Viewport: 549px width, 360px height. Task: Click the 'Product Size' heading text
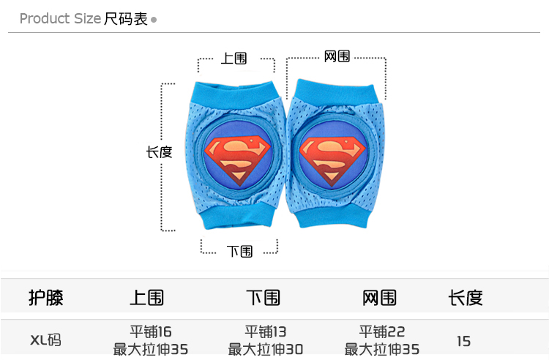pos(60,18)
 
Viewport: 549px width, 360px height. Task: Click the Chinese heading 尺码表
pos(126,18)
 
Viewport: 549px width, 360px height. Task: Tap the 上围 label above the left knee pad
pos(234,58)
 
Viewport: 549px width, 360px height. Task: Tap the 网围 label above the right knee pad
pos(337,56)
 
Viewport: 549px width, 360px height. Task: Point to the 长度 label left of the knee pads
pos(159,152)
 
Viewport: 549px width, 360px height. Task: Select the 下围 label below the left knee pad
pos(239,251)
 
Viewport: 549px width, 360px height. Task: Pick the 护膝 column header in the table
pos(46,297)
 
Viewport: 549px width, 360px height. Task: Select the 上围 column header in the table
pos(146,297)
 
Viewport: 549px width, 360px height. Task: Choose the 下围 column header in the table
pos(264,297)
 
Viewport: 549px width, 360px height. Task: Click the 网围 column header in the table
pos(380,297)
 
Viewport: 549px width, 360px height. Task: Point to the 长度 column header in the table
pos(466,297)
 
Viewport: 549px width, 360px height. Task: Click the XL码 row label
pos(45,340)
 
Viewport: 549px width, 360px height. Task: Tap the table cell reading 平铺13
pos(265,331)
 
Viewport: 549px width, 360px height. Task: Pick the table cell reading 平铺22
pos(381,331)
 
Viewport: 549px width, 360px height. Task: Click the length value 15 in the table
pos(463,341)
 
